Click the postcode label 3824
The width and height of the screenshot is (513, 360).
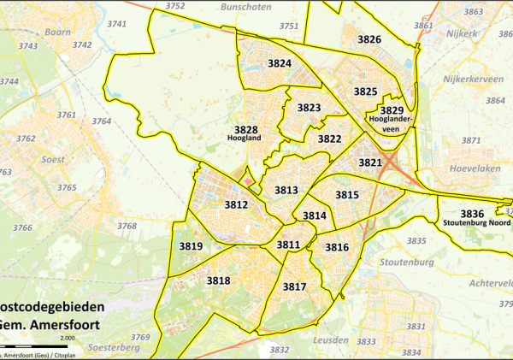point(280,64)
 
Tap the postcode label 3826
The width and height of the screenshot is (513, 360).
point(369,39)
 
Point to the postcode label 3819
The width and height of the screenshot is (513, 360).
point(191,247)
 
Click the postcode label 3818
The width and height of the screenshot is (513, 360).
point(218,280)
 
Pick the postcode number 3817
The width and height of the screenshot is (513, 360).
point(294,286)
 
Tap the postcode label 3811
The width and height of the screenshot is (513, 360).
point(288,245)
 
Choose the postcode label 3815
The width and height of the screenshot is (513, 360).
point(346,195)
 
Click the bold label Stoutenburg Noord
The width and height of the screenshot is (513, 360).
point(476,223)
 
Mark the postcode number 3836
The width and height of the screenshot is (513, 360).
point(472,213)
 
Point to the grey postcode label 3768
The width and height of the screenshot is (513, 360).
point(127,226)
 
